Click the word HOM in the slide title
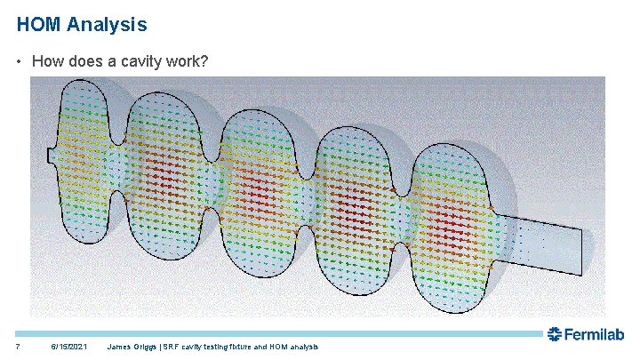click(38, 25)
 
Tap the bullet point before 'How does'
click(20, 62)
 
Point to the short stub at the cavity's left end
click(52, 155)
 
